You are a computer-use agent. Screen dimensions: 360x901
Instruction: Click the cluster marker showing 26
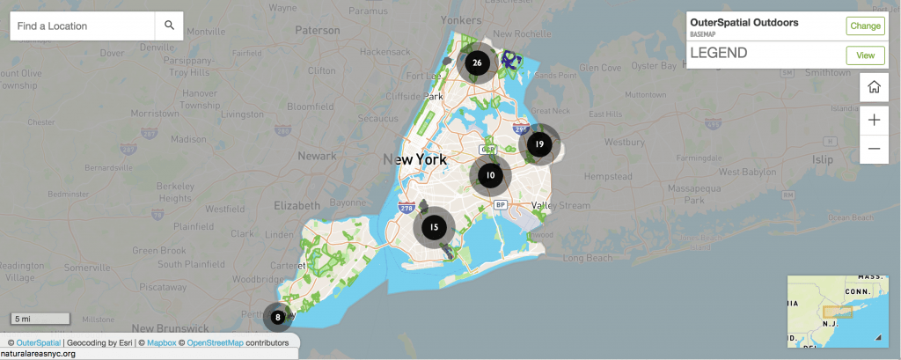477,62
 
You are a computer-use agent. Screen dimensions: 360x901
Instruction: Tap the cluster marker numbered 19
538,144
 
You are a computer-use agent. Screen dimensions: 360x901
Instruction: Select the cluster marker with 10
490,175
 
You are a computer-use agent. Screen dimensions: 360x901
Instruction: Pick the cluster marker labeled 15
434,227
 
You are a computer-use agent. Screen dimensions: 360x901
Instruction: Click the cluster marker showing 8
277,317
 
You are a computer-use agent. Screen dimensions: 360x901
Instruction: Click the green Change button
865,26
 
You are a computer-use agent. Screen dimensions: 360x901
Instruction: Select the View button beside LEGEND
865,55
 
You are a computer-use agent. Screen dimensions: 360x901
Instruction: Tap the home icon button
874,87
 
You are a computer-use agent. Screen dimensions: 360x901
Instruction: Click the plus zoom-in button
874,120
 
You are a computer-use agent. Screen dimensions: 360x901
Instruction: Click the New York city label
414,159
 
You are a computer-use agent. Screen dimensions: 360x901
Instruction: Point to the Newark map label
317,156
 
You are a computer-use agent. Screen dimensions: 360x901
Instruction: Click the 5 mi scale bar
40,318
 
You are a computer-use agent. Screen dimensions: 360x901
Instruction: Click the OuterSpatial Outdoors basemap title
744,23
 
